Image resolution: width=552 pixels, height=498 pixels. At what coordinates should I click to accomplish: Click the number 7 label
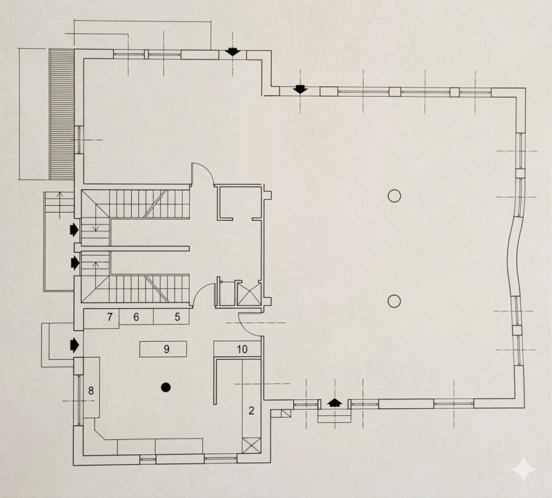(x=110, y=317)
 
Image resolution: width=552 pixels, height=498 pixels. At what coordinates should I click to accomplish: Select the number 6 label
(x=136, y=317)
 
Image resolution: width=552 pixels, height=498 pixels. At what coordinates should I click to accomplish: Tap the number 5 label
(x=177, y=317)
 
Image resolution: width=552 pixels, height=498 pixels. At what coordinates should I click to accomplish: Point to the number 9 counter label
(x=166, y=349)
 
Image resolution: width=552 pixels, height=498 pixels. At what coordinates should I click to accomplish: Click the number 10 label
(x=242, y=349)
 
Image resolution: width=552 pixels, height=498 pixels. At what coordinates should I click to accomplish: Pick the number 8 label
(x=91, y=390)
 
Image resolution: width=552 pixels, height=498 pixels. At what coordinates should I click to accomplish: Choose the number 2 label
(x=251, y=410)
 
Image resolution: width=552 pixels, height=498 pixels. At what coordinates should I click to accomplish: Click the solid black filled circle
(x=166, y=387)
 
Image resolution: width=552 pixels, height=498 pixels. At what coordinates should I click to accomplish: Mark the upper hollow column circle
(x=394, y=195)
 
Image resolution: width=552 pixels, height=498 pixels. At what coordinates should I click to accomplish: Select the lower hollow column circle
(x=394, y=301)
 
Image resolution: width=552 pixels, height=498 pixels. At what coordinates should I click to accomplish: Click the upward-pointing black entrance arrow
(x=335, y=403)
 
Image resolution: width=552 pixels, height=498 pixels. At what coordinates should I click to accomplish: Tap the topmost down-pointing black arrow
(x=233, y=52)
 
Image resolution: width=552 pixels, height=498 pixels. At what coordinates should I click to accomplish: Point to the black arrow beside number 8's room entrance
(x=75, y=345)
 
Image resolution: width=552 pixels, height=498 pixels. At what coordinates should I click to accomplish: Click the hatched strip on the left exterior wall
(x=61, y=114)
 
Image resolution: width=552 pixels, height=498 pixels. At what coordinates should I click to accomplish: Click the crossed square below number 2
(x=251, y=446)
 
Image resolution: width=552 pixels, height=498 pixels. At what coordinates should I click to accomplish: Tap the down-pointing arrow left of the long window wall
(x=300, y=90)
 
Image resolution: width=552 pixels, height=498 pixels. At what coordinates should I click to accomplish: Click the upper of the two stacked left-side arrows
(x=75, y=229)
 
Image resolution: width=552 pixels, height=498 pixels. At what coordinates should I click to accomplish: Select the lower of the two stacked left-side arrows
(x=75, y=263)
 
